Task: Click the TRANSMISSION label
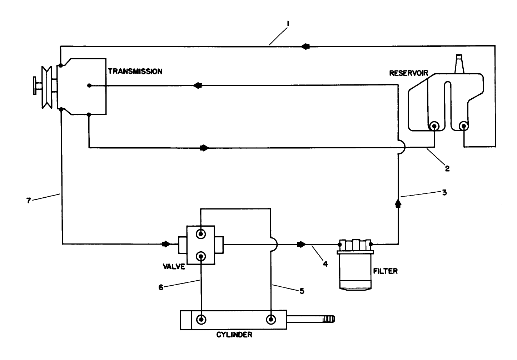pyautogui.click(x=135, y=71)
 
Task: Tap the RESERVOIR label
pyautogui.click(x=408, y=73)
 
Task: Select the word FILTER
pyautogui.click(x=385, y=271)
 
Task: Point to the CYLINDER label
pyautogui.click(x=234, y=335)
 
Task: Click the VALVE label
pyautogui.click(x=174, y=266)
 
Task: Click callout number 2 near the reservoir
pyautogui.click(x=447, y=168)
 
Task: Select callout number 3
pyautogui.click(x=444, y=192)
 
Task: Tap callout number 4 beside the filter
pyautogui.click(x=325, y=265)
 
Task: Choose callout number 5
pyautogui.click(x=302, y=291)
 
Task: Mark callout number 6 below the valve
pyautogui.click(x=161, y=287)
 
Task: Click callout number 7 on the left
pyautogui.click(x=29, y=201)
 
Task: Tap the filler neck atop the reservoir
pyautogui.click(x=460, y=64)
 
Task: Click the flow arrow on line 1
pyautogui.click(x=305, y=46)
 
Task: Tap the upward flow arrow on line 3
pyautogui.click(x=398, y=203)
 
